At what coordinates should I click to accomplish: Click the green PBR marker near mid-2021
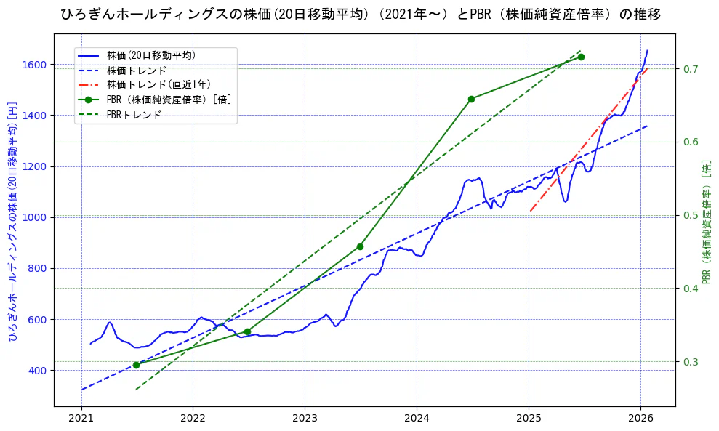[x=136, y=365]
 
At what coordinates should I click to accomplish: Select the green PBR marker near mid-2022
[x=247, y=331]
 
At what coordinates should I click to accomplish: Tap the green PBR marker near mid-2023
[x=360, y=246]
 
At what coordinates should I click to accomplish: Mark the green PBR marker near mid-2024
[x=471, y=99]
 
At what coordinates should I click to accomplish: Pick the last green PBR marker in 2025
[x=581, y=57]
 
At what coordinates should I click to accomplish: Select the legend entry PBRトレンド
[x=134, y=114]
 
